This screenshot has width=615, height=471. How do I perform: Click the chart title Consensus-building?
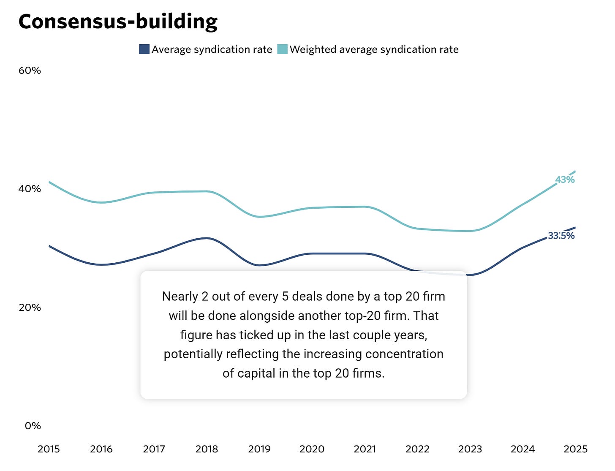coord(118,22)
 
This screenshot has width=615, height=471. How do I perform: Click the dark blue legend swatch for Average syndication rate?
coord(144,49)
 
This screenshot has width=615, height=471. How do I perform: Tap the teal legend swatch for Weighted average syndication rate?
coord(282,49)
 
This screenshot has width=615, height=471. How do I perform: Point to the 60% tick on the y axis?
coord(30,71)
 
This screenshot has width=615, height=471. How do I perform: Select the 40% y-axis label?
coord(30,189)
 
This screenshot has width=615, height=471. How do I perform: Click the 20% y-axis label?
coord(30,308)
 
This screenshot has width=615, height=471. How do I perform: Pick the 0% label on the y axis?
coord(33,426)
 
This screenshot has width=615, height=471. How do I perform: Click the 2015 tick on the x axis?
coord(49,449)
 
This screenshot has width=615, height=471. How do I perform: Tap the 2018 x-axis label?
coord(207,449)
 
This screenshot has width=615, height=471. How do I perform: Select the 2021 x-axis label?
coord(365,449)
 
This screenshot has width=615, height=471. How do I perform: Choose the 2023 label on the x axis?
coord(470,449)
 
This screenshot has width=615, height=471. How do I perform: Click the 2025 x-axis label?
coord(575,449)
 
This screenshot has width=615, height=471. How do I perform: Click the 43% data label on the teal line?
coord(565,180)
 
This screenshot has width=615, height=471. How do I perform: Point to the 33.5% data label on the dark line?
coord(561,236)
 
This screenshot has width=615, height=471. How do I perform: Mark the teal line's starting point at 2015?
coord(49,182)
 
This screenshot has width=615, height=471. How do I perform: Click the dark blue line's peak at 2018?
coord(207,238)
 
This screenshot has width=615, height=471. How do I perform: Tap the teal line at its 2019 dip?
coord(259,217)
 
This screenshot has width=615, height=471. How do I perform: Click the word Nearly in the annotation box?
coord(180,296)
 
